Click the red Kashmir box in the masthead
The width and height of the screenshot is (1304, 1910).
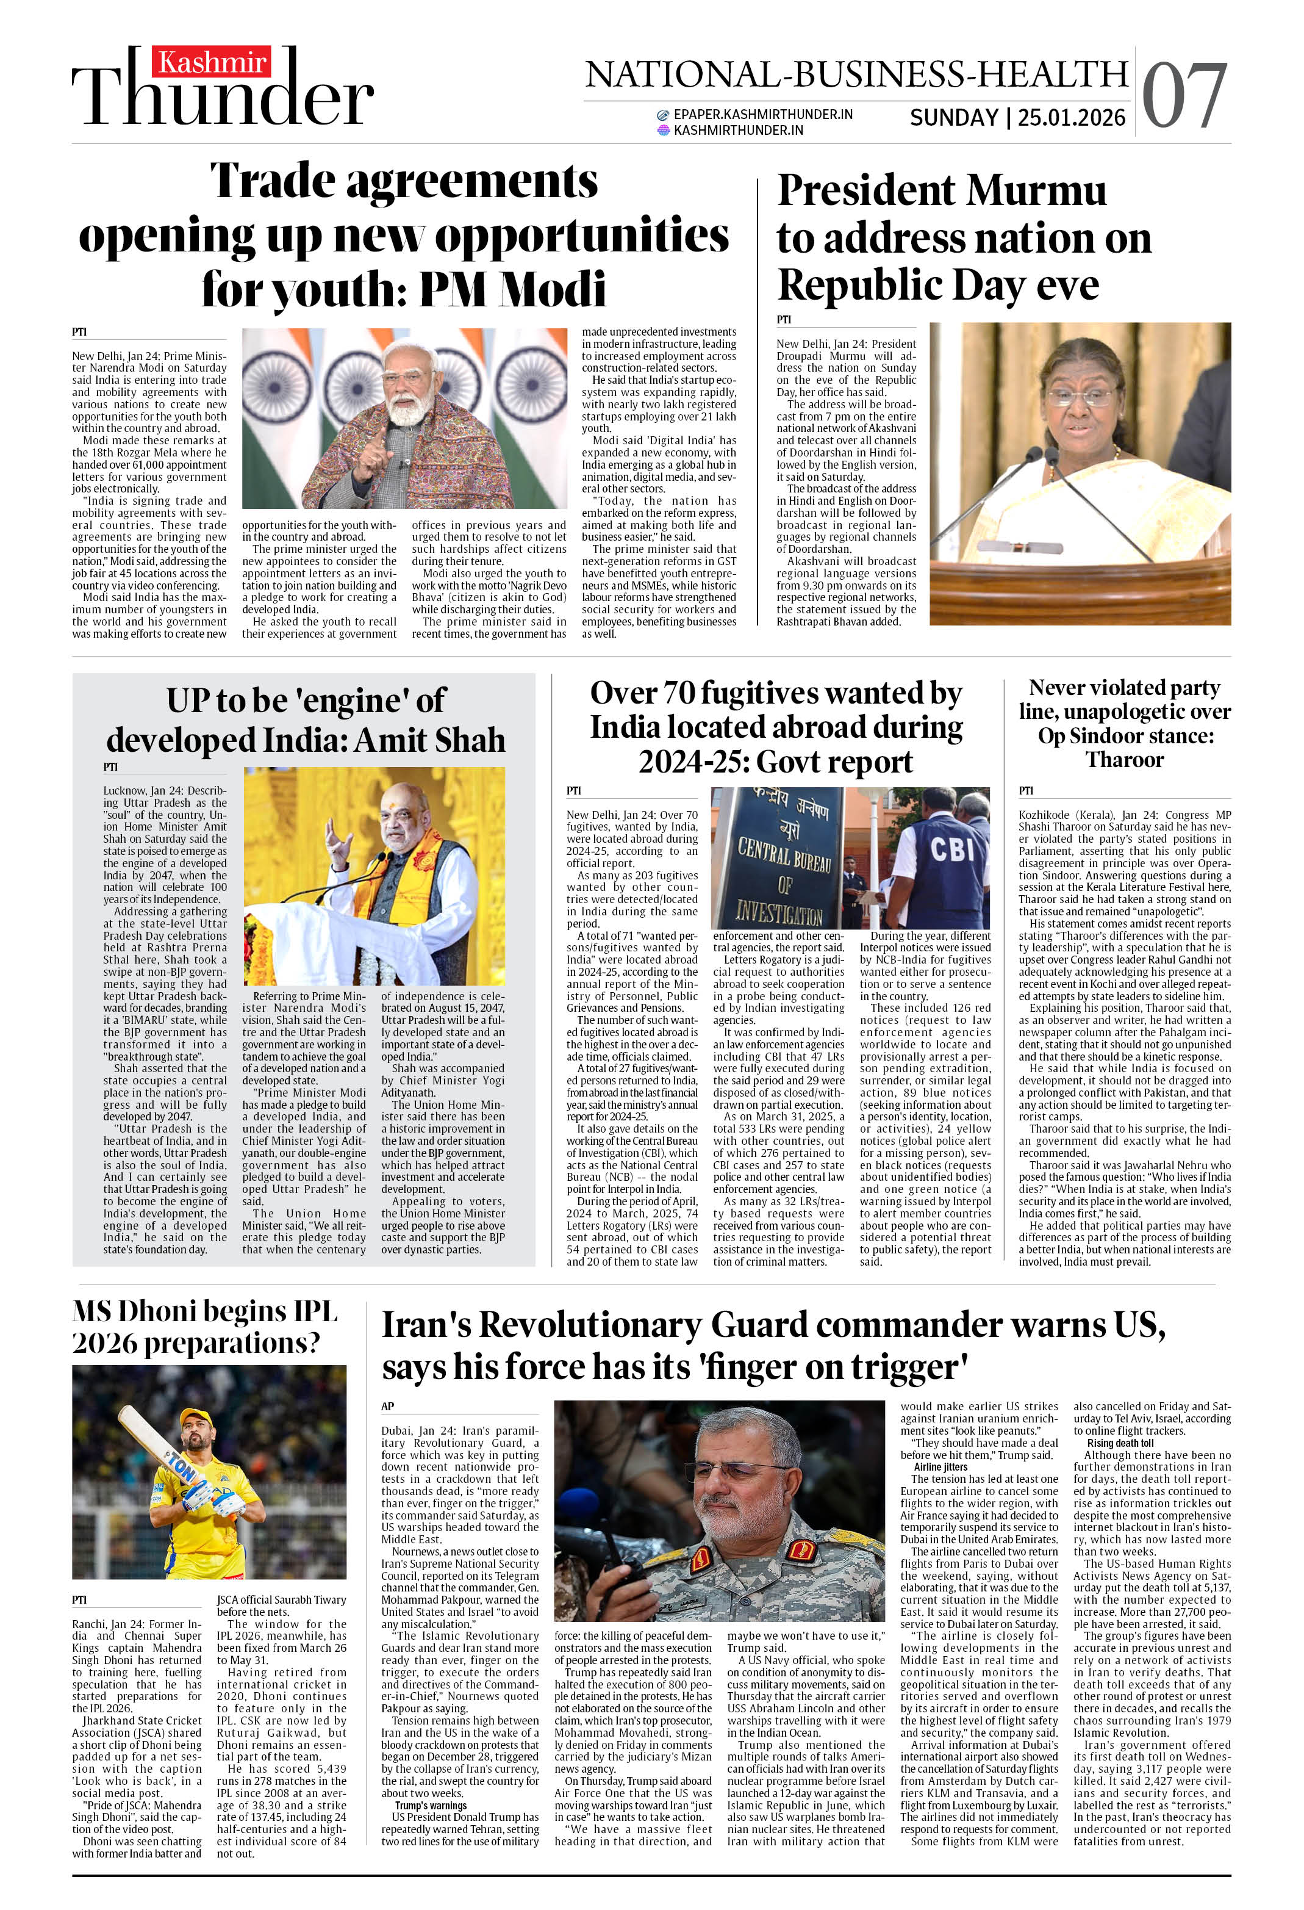211,62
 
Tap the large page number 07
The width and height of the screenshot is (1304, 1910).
1184,97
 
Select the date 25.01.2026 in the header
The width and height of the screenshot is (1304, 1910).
1072,118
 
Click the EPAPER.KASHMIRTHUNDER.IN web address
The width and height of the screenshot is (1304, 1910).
762,114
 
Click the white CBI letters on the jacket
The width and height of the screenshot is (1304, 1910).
953,848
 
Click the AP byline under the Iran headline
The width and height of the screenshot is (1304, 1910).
388,1406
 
